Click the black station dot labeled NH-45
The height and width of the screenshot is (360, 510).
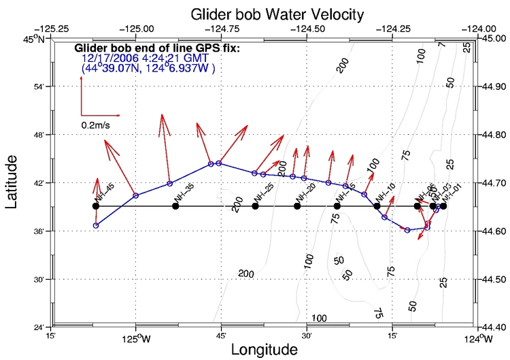click(96, 206)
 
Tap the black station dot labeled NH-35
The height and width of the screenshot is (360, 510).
click(175, 206)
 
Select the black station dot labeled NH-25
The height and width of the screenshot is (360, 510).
click(255, 206)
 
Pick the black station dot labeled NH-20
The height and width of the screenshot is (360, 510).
click(297, 206)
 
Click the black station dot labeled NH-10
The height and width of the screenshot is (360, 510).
click(377, 206)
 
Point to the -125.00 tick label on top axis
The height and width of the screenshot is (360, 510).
click(137, 29)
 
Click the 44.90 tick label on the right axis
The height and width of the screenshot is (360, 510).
click(494, 87)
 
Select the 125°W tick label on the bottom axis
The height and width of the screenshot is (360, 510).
click(137, 337)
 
